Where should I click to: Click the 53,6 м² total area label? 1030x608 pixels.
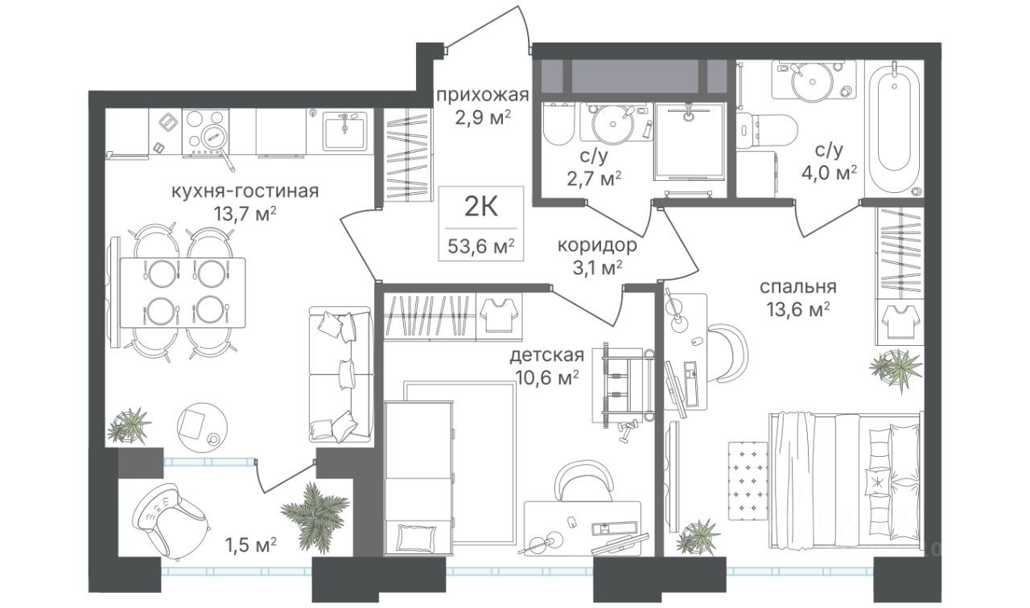[481, 247]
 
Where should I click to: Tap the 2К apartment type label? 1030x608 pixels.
[481, 207]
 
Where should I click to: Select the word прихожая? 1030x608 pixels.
[482, 96]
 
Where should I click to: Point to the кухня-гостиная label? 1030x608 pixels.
[245, 191]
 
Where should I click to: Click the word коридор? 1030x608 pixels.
[597, 245]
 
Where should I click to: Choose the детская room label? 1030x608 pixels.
[547, 355]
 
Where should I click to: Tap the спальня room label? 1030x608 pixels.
[797, 287]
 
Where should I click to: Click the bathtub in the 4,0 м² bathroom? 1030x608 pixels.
[894, 130]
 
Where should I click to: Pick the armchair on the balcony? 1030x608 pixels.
[171, 520]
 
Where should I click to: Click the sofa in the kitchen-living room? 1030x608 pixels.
[340, 375]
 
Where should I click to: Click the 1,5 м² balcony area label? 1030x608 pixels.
[250, 545]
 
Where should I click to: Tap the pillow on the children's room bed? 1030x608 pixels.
[416, 537]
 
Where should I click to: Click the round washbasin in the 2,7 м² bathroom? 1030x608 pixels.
[613, 123]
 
